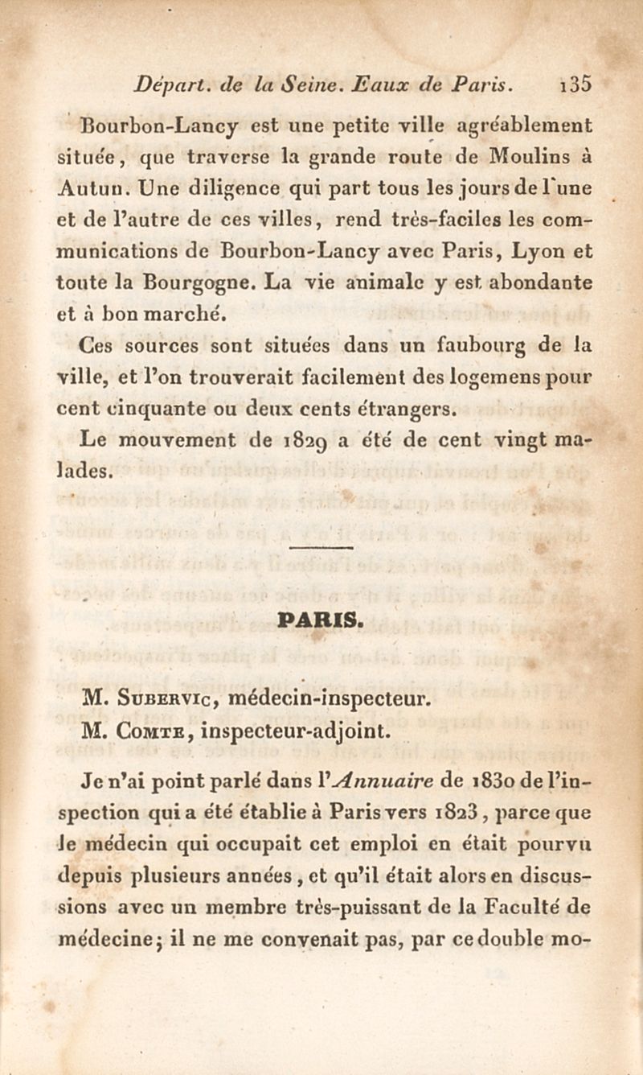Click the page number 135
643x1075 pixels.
pos(576,83)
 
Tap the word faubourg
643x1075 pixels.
pos(476,347)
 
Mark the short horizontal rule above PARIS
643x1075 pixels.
pos(321,547)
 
